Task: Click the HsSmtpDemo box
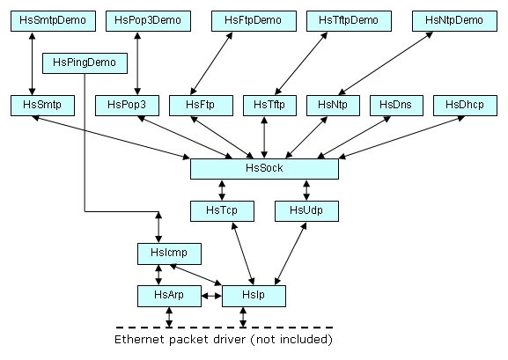53,21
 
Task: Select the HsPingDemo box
85,63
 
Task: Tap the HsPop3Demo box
148,21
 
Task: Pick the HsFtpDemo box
254,21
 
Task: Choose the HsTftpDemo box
349,21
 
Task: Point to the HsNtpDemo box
454,21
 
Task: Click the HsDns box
396,106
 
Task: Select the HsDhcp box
465,106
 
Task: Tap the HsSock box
264,169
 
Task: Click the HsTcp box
222,211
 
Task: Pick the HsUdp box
306,211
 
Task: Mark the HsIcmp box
169,253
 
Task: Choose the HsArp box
169,296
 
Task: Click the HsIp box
254,296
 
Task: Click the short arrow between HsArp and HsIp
211,296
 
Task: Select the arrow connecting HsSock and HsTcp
222,190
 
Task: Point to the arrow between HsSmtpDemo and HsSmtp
32,63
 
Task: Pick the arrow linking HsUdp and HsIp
291,253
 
